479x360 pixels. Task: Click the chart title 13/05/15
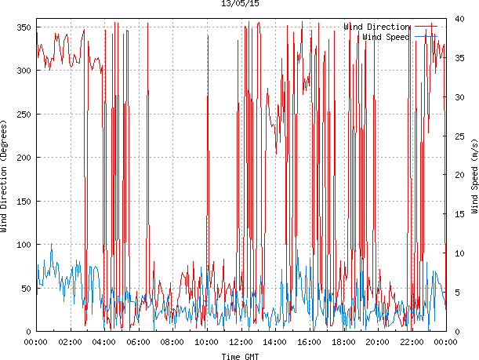(x=241, y=4)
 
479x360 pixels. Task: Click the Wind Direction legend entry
(x=376, y=27)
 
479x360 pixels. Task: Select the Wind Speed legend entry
(x=385, y=37)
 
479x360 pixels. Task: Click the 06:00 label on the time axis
(x=138, y=342)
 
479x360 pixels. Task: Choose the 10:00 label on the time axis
(x=206, y=342)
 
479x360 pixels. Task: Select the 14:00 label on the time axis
(x=274, y=342)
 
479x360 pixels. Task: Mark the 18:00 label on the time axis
(x=343, y=342)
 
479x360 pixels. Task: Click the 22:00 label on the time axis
(x=411, y=342)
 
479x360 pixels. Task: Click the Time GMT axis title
(x=240, y=356)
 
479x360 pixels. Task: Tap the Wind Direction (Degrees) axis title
(x=5, y=176)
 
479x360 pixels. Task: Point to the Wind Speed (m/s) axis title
(x=474, y=176)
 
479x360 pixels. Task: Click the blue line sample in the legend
(x=426, y=37)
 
